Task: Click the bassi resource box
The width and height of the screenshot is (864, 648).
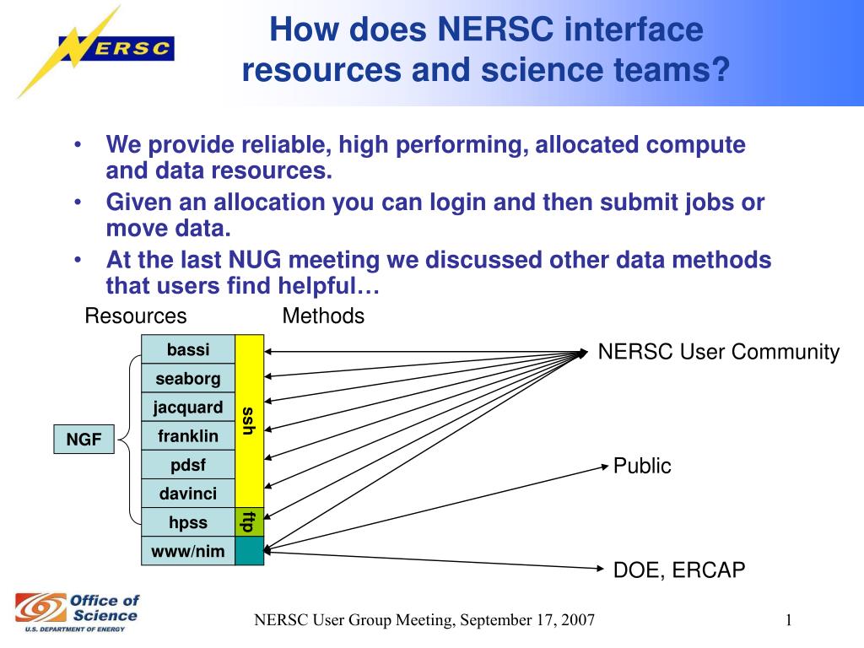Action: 188,349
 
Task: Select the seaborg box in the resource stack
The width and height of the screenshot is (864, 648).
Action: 188,379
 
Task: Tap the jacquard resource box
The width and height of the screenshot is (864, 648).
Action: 188,408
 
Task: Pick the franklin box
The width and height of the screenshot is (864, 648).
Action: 188,436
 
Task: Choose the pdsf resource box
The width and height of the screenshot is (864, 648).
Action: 188,465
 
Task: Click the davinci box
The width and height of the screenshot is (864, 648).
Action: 188,494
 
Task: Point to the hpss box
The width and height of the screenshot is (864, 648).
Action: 188,522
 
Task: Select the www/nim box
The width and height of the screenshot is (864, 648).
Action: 188,551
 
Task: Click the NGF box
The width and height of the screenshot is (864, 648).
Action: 84,439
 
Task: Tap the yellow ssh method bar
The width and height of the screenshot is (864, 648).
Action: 249,420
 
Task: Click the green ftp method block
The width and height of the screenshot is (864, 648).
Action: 249,521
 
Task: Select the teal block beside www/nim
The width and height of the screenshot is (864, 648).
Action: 249,550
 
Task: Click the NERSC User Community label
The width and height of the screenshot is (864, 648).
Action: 719,353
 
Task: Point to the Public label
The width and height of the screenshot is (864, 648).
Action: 642,466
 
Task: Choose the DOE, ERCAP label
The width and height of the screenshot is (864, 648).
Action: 679,571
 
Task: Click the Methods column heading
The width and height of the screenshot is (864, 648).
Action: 323,316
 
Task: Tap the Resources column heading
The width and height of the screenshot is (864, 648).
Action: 136,316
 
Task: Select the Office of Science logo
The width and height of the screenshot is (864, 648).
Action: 78,612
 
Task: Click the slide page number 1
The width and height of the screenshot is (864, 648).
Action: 788,621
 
